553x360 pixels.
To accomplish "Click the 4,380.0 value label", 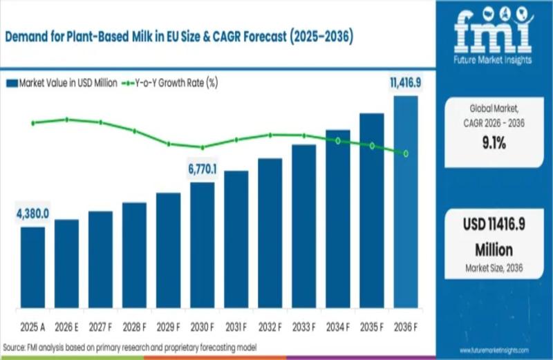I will click(x=33, y=215).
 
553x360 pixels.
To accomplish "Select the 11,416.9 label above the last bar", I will click(x=405, y=84).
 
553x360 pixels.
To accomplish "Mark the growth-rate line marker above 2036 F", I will click(x=406, y=153).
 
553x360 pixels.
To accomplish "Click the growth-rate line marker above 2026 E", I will click(x=67, y=120).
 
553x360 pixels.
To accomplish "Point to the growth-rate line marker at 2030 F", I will click(x=203, y=147).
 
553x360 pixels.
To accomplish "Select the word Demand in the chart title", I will click(x=27, y=38).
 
